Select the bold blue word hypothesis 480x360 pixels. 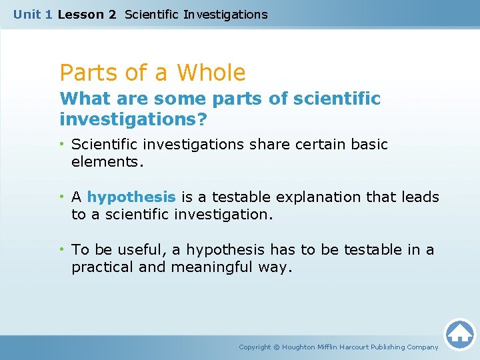coord(131,197)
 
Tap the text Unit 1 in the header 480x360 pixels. coord(32,14)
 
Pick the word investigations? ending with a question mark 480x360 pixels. coord(133,120)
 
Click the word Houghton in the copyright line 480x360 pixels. coord(299,347)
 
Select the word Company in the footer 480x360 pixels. coord(422,347)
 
